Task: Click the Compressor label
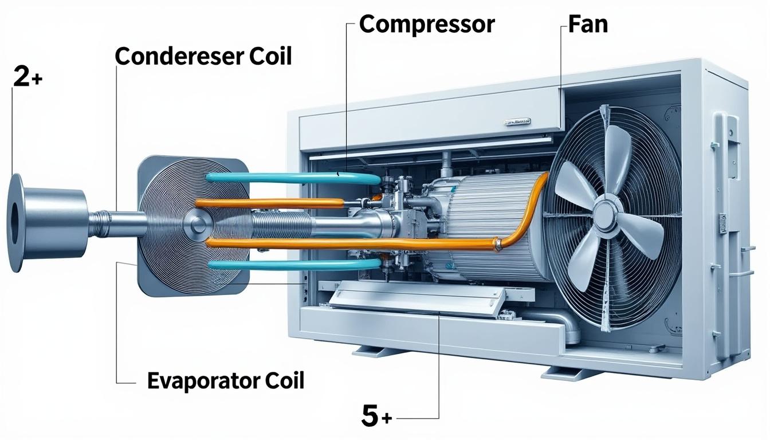[426, 24]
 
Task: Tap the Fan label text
[588, 24]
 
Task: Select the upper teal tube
[292, 178]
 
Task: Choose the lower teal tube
[292, 264]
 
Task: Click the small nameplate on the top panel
[517, 121]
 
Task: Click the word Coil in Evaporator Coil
[283, 380]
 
